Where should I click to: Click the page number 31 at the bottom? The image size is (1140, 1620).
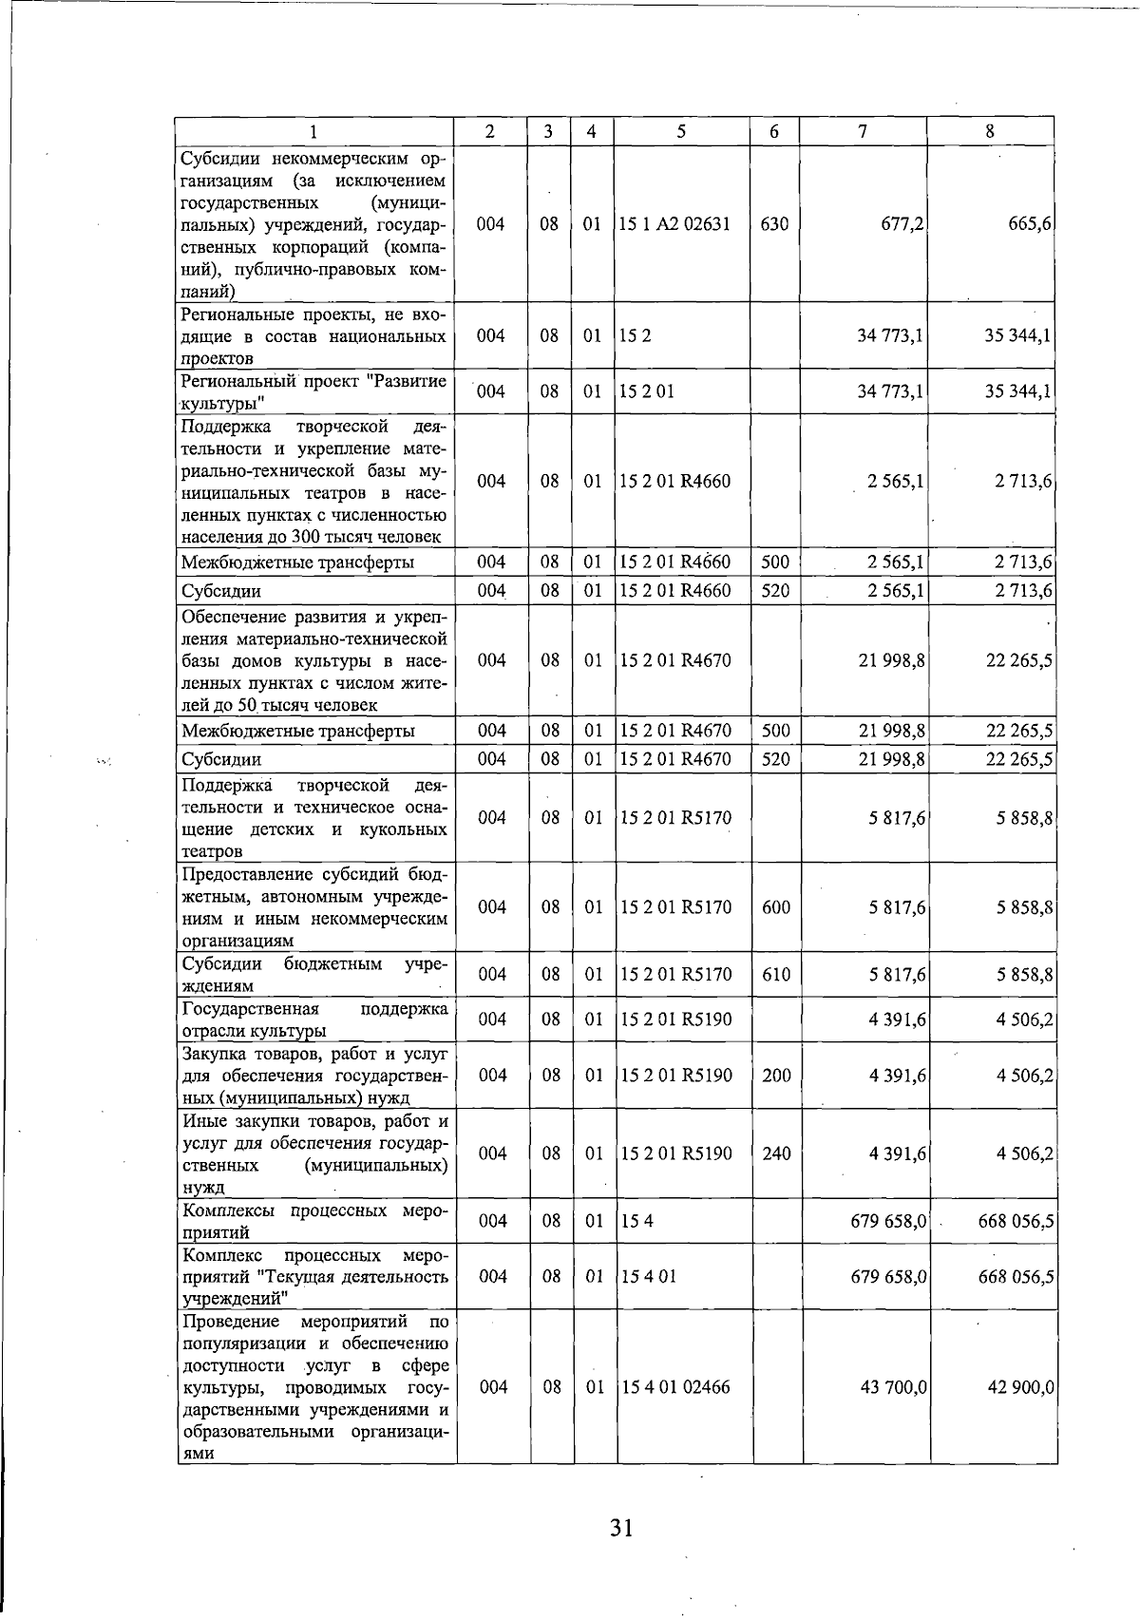[x=621, y=1529]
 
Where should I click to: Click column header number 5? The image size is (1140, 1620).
[x=681, y=132]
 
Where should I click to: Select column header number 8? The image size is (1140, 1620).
[x=990, y=132]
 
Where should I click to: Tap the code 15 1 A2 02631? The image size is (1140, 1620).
[x=674, y=224]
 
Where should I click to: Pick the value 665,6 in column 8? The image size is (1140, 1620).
[x=1030, y=224]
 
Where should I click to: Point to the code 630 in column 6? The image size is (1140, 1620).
[x=774, y=224]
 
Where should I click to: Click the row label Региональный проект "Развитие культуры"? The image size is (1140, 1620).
[x=313, y=391]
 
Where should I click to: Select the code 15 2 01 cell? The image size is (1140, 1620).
[x=647, y=391]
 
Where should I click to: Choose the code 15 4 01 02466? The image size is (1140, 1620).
[x=675, y=1387]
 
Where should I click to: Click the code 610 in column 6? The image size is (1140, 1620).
[x=776, y=974]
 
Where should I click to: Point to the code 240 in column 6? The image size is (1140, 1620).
[x=776, y=1153]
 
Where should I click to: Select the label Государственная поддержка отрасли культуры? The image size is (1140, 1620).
[x=313, y=1020]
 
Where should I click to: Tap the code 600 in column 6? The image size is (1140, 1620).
[x=776, y=907]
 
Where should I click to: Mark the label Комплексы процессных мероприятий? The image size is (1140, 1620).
[x=313, y=1221]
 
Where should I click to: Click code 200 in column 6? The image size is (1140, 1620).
[x=776, y=1076]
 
